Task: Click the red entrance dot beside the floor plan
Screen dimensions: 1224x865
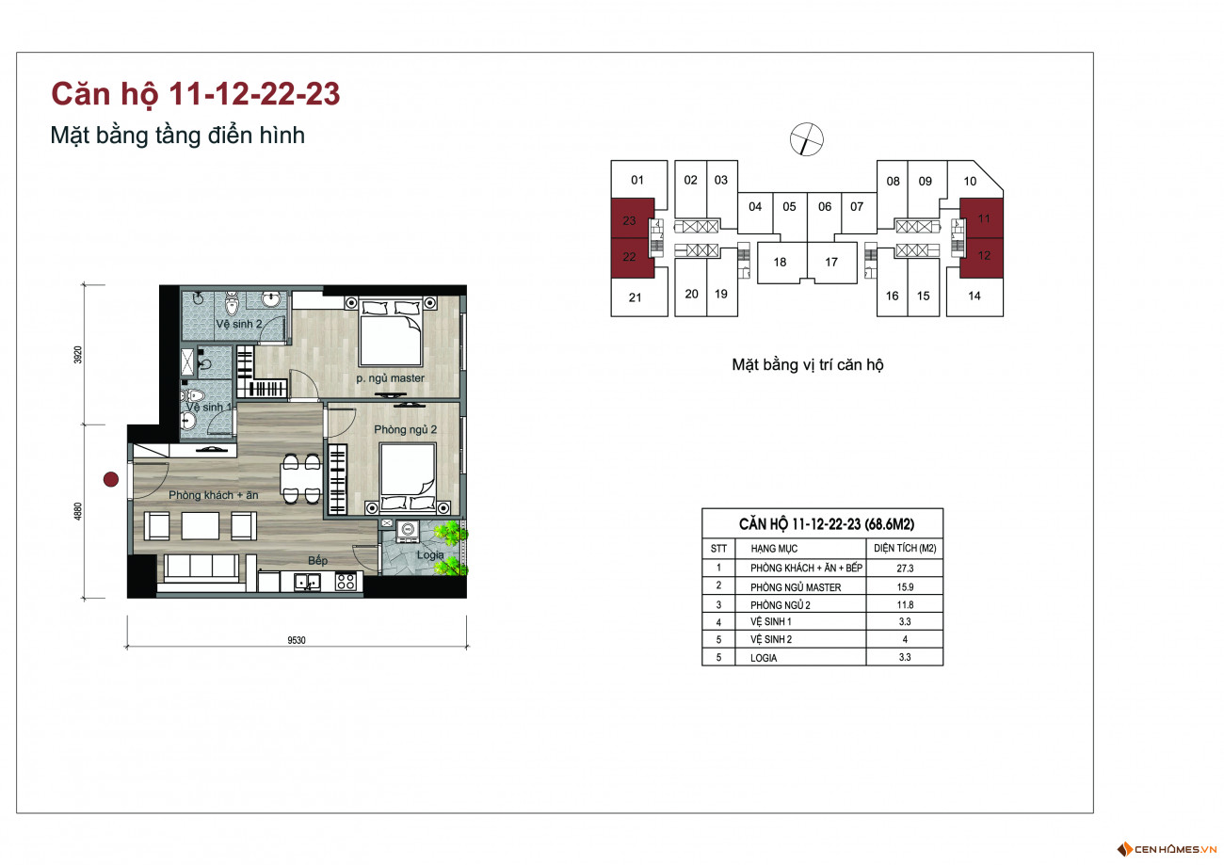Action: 111,479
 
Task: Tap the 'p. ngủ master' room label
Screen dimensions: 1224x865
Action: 390,378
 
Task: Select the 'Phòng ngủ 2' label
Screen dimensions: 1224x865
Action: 406,430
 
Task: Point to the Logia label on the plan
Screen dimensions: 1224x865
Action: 430,555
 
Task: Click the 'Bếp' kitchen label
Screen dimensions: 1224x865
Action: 317,560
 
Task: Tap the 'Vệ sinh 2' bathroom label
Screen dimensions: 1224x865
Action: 239,324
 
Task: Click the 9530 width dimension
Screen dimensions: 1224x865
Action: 297,640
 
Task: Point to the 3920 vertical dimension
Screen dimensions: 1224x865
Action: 78,355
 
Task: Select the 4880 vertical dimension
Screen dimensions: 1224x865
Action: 78,511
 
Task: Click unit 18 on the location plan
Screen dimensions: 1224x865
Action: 780,262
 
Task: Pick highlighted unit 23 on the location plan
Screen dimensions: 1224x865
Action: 629,220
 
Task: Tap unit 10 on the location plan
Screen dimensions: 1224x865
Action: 970,182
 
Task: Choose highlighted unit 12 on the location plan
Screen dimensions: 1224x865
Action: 984,256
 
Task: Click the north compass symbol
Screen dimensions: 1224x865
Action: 807,139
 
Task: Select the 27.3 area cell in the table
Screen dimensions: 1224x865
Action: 905,568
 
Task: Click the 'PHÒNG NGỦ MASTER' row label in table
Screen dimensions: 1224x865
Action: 796,587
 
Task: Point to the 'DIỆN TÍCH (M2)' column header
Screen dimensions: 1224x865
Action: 905,548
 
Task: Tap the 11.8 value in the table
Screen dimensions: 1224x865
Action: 905,604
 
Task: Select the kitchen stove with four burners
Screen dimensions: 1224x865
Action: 346,582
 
